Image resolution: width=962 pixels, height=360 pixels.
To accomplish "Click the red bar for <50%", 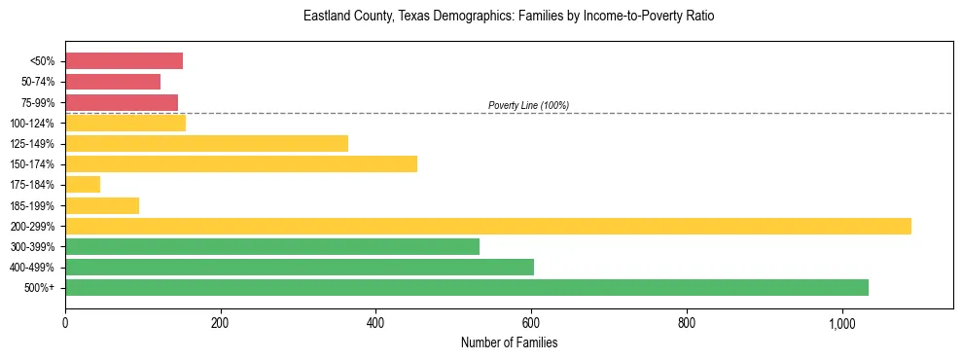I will pos(124,61).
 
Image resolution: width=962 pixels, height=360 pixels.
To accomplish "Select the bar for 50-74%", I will pos(113,82).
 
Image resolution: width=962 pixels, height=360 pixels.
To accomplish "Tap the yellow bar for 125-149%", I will pos(206,144).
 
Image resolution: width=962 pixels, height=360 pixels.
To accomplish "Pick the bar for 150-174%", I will pos(241,164).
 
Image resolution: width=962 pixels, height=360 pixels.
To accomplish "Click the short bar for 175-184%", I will pos(83,185).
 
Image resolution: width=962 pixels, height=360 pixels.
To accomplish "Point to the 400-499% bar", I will pos(300,268).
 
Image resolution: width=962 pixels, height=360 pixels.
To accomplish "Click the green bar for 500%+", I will pos(467,288).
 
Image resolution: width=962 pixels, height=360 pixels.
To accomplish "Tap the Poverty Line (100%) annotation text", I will pos(528,105).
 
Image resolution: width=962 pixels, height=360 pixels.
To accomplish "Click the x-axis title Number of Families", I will pos(509,342).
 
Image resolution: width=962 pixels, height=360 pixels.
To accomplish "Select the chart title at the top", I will pos(509,17).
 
